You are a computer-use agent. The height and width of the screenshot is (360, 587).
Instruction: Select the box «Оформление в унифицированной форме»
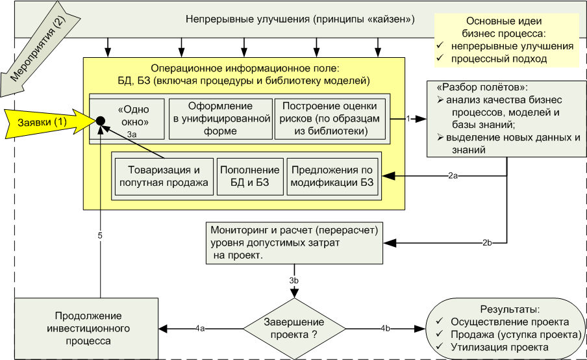pos(219,118)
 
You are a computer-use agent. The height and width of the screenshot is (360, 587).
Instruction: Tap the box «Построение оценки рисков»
pos(330,118)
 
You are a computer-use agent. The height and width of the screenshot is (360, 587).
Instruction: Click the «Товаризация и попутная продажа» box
pos(164,176)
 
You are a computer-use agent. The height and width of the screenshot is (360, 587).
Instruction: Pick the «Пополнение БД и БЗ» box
pos(250,176)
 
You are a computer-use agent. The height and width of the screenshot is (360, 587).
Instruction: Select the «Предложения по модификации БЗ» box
pos(332,176)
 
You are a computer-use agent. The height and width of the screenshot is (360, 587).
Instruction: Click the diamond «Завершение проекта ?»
pos(294,328)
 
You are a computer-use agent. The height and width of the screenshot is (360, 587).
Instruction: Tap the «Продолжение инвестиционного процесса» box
pos(88,328)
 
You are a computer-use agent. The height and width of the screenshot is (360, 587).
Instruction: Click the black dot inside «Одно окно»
pos(101,120)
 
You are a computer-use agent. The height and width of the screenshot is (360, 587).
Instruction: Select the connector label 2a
pos(453,175)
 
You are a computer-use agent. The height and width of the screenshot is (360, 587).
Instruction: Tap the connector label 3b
pos(294,280)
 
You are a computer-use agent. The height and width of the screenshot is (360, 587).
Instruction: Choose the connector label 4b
pos(385,328)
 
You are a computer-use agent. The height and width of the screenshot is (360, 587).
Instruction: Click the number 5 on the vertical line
pos(100,235)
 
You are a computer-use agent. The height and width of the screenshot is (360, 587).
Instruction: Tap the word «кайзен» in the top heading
pos(390,19)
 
